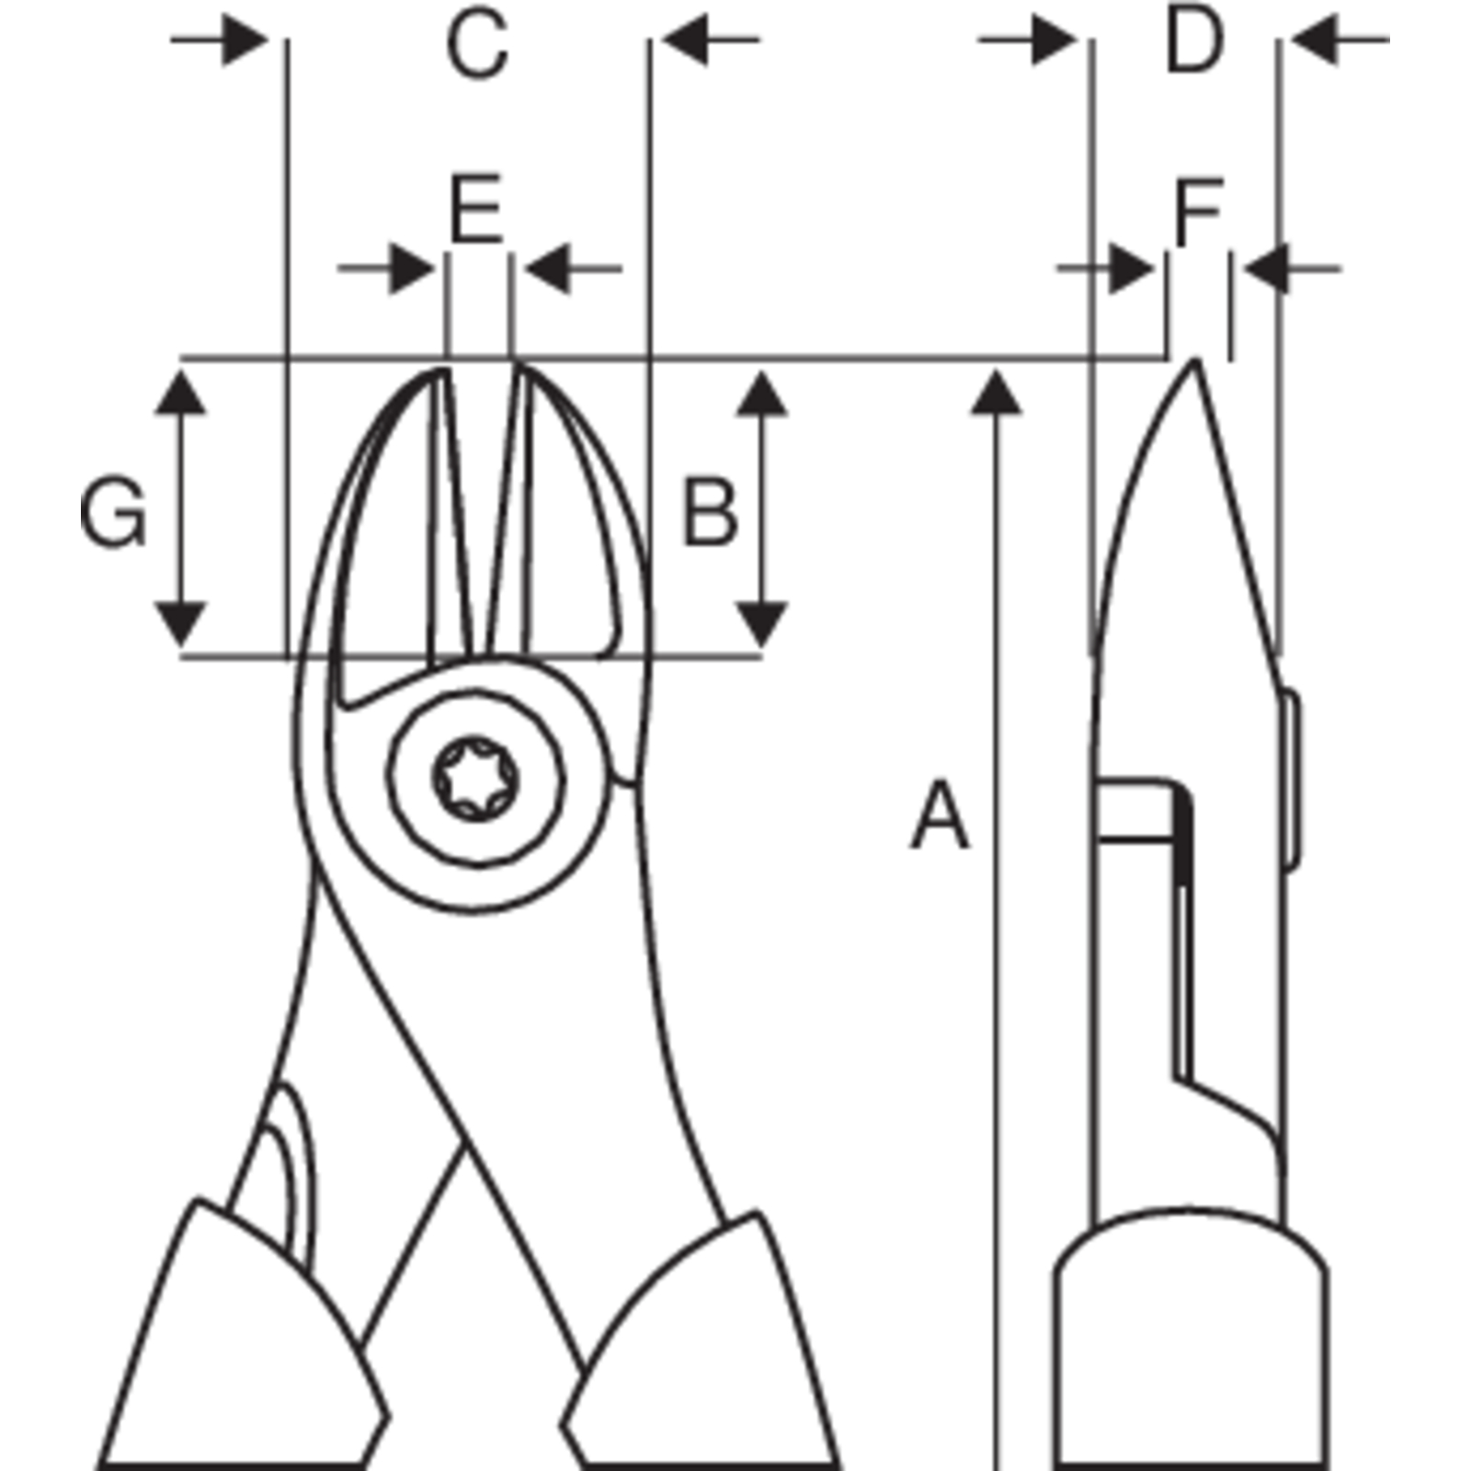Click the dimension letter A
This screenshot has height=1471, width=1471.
[x=940, y=815]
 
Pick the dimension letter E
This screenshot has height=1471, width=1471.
[x=475, y=208]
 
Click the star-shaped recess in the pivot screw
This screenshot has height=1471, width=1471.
[x=473, y=780]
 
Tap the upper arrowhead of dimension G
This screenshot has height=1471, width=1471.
[x=179, y=390]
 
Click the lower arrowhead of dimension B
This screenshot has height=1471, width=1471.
[x=762, y=625]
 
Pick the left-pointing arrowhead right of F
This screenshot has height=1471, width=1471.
[x=1269, y=269]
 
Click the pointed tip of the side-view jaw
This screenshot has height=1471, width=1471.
[x=1195, y=360]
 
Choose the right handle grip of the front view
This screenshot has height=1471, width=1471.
[x=703, y=1347]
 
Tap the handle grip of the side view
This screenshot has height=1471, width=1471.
[x=1191, y=1342]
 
